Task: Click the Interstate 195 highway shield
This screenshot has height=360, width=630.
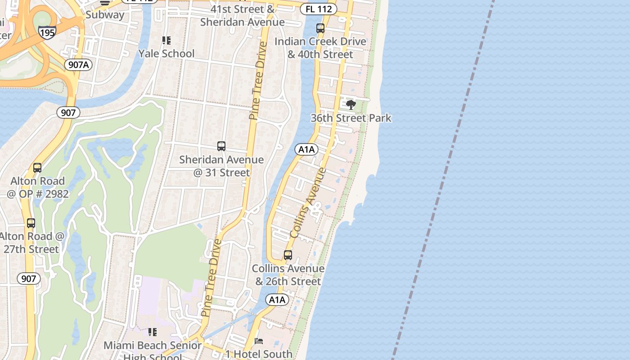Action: pos(47,32)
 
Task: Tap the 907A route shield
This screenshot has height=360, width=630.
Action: pos(78,65)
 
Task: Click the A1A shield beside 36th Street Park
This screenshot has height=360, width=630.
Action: pos(306,149)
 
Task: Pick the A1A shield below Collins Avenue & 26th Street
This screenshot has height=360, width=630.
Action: pos(277,300)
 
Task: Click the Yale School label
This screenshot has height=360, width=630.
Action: pos(166,54)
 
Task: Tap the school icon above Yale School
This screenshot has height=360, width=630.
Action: pos(166,40)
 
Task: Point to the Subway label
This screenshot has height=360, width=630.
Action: pos(104,14)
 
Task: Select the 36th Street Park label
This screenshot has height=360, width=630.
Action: pos(351,118)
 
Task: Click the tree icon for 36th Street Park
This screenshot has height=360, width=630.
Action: pos(351,105)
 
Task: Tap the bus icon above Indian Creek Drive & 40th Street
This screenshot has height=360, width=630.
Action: pos(320,28)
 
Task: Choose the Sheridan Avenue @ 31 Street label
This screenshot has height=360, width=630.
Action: pos(221,166)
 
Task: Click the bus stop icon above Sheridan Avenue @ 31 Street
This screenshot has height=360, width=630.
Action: pos(221,146)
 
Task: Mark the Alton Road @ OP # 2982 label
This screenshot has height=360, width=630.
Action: pos(37,187)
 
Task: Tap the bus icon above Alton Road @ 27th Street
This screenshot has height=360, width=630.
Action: pos(31,223)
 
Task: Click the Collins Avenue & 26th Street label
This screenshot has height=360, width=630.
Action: pos(288,275)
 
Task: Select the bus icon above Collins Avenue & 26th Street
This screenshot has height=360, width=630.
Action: pos(288,255)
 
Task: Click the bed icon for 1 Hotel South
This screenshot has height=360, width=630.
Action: pos(259,341)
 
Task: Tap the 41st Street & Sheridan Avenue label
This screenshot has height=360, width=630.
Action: pos(243,15)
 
